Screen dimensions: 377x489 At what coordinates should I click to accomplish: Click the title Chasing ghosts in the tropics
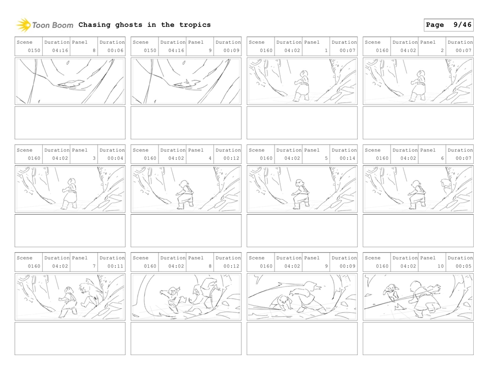coord(144,25)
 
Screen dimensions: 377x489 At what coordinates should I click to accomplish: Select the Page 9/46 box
coord(448,25)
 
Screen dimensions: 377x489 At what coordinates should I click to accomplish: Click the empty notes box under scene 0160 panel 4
coord(186,230)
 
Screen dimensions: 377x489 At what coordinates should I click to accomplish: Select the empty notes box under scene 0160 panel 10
coord(418,338)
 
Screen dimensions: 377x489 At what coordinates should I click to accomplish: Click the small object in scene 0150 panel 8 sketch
coord(70,83)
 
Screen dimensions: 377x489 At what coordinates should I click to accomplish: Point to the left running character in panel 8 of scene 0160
coord(173,298)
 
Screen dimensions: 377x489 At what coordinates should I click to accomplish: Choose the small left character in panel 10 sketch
coord(391,294)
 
